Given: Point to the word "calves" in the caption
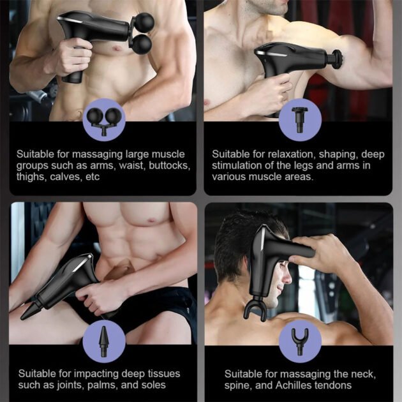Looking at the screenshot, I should click(x=67, y=177).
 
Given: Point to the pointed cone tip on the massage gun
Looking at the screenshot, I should click(x=27, y=313).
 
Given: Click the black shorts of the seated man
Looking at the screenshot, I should click(x=160, y=306).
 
